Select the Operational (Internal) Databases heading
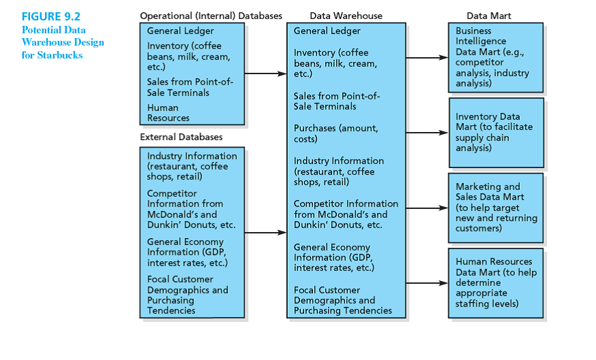click(211, 16)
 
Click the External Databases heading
click(181, 137)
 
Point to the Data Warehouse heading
click(346, 16)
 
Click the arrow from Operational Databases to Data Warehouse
click(265, 73)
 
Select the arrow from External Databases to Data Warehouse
click(265, 233)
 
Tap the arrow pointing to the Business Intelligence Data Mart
click(427, 58)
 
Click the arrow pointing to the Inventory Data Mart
click(427, 133)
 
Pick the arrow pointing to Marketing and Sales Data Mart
click(427, 208)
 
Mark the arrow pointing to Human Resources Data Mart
click(427, 282)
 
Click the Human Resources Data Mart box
click(496, 282)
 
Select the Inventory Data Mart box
click(496, 133)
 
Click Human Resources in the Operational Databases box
click(168, 113)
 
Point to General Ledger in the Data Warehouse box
click(327, 31)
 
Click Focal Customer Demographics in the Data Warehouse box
click(342, 300)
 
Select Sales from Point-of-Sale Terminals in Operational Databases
click(189, 87)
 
